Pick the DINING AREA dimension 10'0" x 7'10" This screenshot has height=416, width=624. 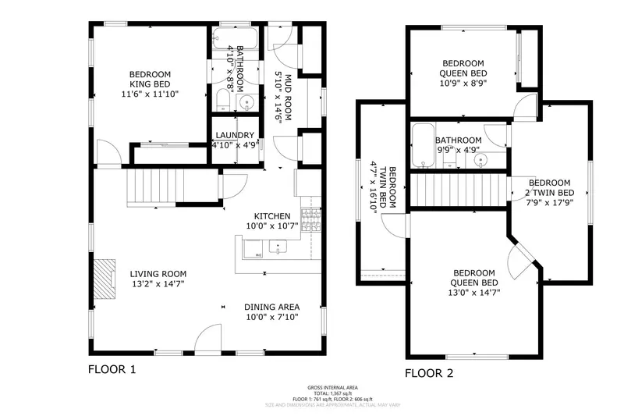coord(272,317)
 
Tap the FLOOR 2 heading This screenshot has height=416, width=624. coord(429,374)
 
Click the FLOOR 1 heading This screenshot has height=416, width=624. coord(112,369)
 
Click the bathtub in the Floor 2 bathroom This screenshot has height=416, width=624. coord(424,145)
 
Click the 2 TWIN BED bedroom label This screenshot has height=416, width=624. coord(549,192)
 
